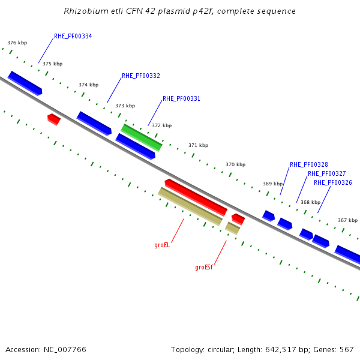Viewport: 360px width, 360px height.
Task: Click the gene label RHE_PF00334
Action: (x=73, y=36)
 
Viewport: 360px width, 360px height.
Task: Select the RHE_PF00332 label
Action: (x=141, y=76)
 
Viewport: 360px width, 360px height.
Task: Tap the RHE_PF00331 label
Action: (x=181, y=98)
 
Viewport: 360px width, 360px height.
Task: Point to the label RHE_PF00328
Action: (x=309, y=164)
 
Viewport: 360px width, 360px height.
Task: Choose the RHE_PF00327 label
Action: (x=327, y=173)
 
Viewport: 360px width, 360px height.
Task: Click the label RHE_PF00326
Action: (x=332, y=182)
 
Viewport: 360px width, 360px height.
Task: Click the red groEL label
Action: (x=162, y=245)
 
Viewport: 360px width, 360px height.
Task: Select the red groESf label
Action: (x=204, y=267)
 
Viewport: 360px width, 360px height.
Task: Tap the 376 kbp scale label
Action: (x=17, y=43)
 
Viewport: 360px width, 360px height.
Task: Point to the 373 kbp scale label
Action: (x=125, y=106)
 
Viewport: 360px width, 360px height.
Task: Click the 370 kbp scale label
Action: (x=236, y=164)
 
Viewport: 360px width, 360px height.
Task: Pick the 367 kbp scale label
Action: (x=347, y=220)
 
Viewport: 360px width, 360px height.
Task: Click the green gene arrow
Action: (x=142, y=137)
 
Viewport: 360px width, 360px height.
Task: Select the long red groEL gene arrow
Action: (x=196, y=197)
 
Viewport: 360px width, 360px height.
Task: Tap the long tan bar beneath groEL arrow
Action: (x=190, y=206)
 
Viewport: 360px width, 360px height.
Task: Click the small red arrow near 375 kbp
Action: (x=54, y=119)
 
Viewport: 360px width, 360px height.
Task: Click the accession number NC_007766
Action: (x=65, y=350)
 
